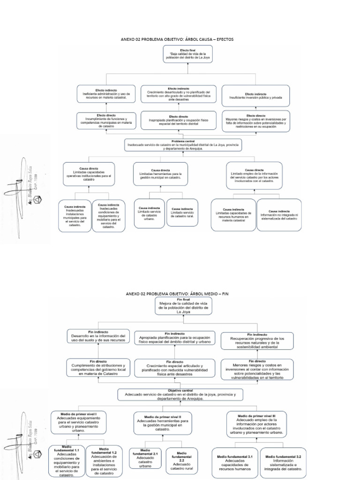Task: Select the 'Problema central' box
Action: pyautogui.click(x=183, y=145)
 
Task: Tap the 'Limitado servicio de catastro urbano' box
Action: pyautogui.click(x=149, y=213)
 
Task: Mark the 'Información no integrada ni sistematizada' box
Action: pyautogui.click(x=279, y=215)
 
